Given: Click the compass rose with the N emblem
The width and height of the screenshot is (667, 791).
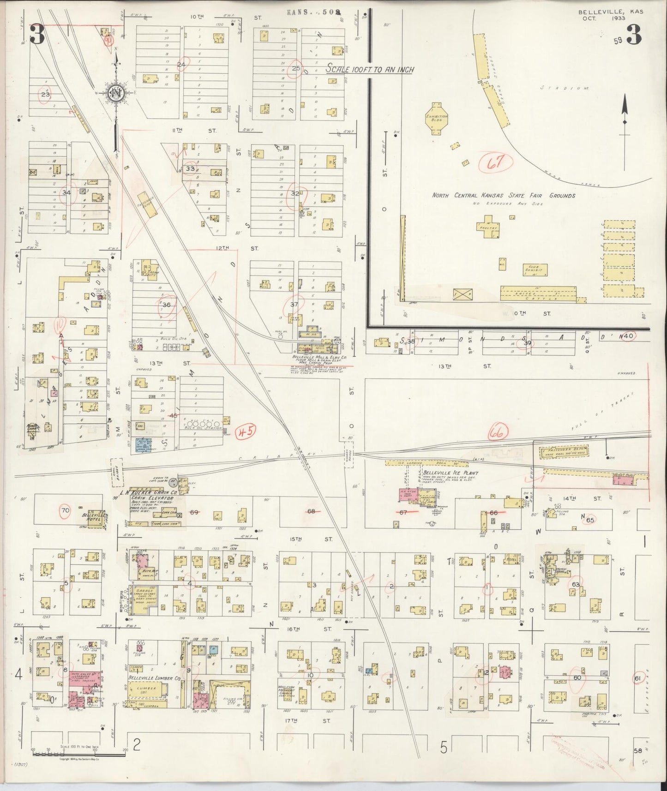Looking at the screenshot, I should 115,93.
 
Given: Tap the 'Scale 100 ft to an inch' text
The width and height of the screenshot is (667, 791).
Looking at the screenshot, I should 370,70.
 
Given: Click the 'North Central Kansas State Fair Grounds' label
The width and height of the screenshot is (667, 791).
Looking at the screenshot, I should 503,196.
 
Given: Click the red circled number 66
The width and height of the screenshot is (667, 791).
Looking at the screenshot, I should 498,432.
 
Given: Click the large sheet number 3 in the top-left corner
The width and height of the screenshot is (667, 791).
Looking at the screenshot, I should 38,36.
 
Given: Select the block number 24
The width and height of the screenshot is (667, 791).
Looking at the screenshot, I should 181,65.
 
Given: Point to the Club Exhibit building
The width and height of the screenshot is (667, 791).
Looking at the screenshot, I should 535,270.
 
